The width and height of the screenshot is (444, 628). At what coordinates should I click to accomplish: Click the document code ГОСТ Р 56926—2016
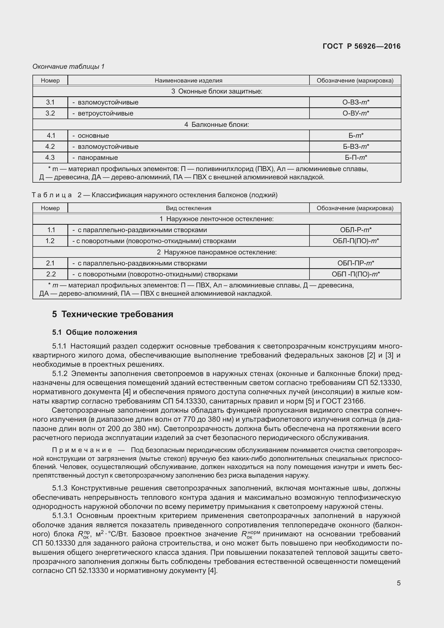361,46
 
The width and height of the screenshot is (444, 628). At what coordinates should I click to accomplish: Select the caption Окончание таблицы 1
68,66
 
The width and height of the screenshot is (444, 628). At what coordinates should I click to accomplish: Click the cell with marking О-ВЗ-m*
355,102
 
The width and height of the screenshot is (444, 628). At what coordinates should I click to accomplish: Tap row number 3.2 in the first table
50,113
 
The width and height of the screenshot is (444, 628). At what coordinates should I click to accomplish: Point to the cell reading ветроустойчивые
105,113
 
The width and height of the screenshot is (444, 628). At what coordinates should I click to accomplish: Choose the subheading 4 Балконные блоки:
216,125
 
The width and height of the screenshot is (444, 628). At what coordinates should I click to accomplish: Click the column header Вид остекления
188,208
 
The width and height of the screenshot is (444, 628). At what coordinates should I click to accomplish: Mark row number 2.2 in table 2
50,274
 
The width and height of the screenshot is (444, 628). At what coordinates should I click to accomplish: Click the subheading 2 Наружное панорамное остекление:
216,252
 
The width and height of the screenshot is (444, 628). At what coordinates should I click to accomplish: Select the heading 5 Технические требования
113,314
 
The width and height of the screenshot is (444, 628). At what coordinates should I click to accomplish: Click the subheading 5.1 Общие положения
95,332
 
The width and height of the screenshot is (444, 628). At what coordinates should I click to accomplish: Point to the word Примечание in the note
82,450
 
